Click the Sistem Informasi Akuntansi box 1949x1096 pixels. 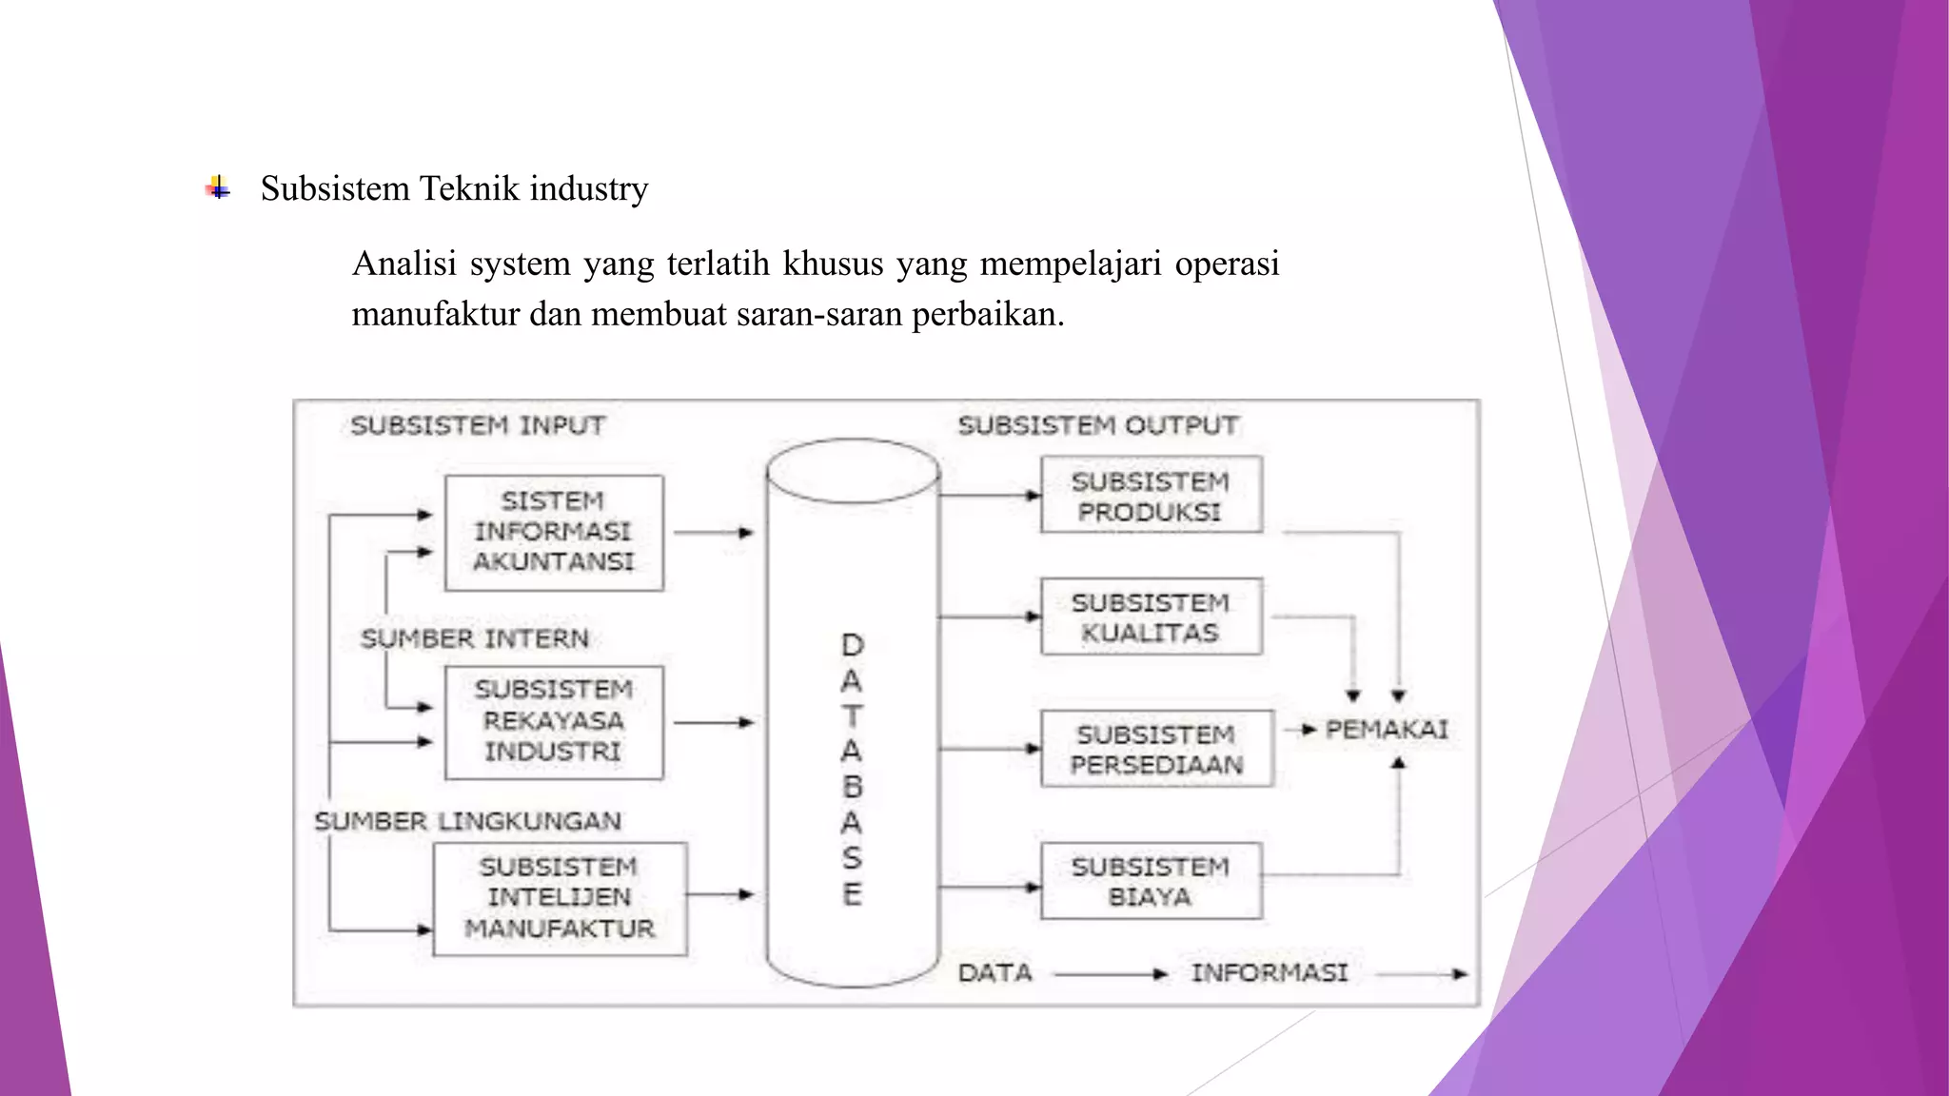click(x=554, y=532)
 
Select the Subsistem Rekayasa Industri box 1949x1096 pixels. click(x=554, y=721)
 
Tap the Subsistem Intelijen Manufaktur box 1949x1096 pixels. click(x=560, y=897)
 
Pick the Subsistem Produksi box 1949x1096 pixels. click(x=1151, y=496)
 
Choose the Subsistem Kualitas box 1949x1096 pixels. click(x=1151, y=616)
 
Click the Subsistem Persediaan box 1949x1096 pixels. click(x=1156, y=749)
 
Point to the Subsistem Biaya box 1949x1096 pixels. click(x=1151, y=881)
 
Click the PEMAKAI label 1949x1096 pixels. click(x=1387, y=730)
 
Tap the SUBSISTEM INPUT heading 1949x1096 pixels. click(x=478, y=425)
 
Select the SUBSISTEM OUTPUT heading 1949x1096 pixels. click(x=1098, y=425)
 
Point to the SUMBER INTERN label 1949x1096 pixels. click(x=475, y=638)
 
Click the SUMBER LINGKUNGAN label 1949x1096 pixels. click(x=468, y=821)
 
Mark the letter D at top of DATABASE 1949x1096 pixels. click(x=853, y=646)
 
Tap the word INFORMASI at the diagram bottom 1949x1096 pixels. click(x=1270, y=973)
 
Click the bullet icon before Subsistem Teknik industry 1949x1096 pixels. click(x=218, y=188)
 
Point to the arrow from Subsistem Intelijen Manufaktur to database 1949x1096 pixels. click(x=719, y=894)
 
